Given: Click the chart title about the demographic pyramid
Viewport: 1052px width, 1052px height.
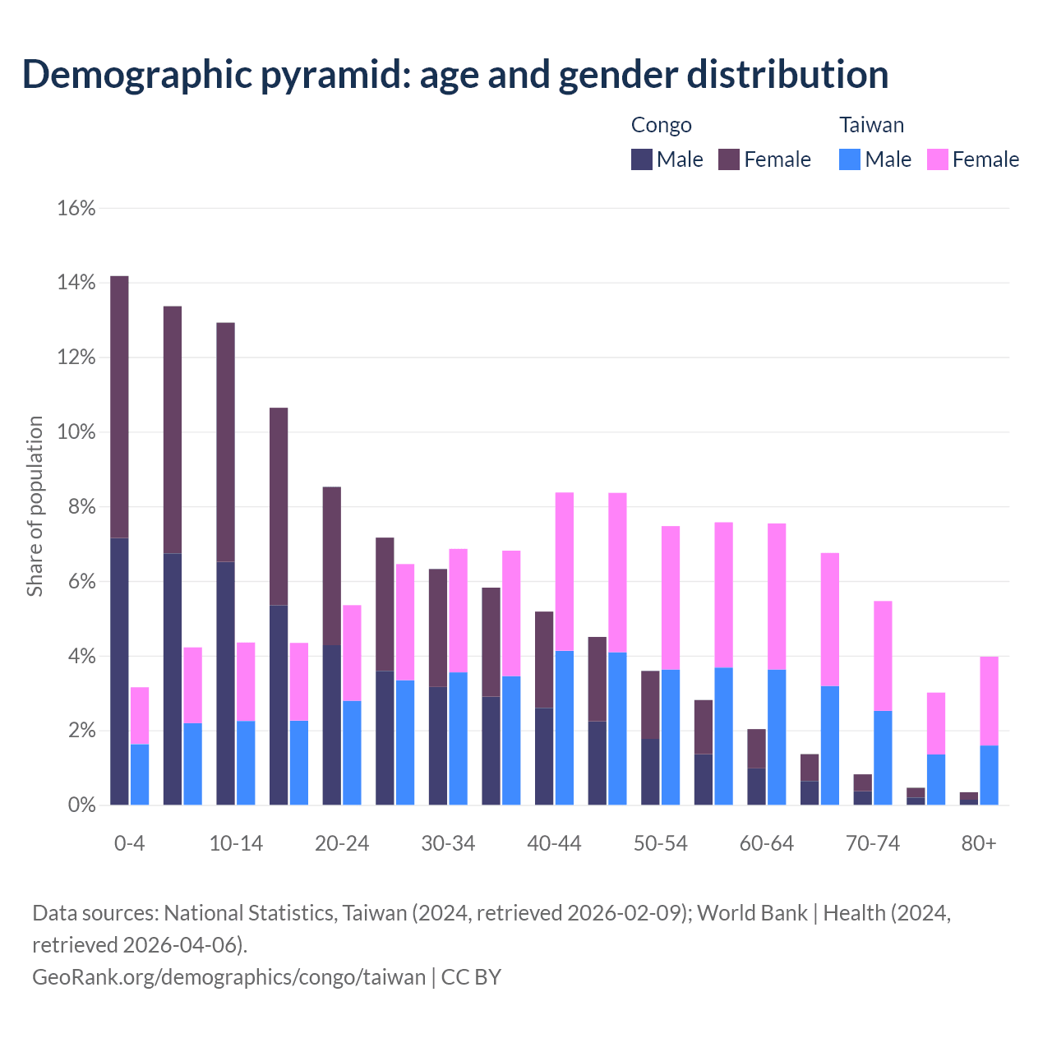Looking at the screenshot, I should click(455, 74).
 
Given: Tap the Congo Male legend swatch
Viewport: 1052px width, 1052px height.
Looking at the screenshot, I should click(642, 159).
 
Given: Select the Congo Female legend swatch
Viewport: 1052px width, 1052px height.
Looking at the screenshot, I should click(729, 159).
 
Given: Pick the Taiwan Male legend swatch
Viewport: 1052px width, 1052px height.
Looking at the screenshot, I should click(850, 159).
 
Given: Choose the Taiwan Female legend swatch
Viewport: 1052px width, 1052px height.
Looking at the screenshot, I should click(938, 159).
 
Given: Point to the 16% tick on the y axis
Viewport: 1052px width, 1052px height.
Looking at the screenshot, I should click(76, 209).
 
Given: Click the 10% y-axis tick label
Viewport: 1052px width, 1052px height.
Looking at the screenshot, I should click(76, 432).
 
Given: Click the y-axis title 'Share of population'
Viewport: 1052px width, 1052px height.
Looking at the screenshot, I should click(35, 505).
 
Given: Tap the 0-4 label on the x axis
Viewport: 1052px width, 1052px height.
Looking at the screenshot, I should click(130, 844).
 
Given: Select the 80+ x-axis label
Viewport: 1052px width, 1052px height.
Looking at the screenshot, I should click(979, 844).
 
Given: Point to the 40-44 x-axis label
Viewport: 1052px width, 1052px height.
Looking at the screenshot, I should click(554, 844).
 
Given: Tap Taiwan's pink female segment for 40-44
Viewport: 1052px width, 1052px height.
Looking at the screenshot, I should click(565, 571).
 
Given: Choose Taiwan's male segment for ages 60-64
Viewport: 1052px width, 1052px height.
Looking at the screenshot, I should click(777, 737).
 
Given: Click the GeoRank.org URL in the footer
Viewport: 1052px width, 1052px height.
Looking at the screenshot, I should click(228, 977).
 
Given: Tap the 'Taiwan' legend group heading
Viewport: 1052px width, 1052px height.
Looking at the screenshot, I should click(871, 125).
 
